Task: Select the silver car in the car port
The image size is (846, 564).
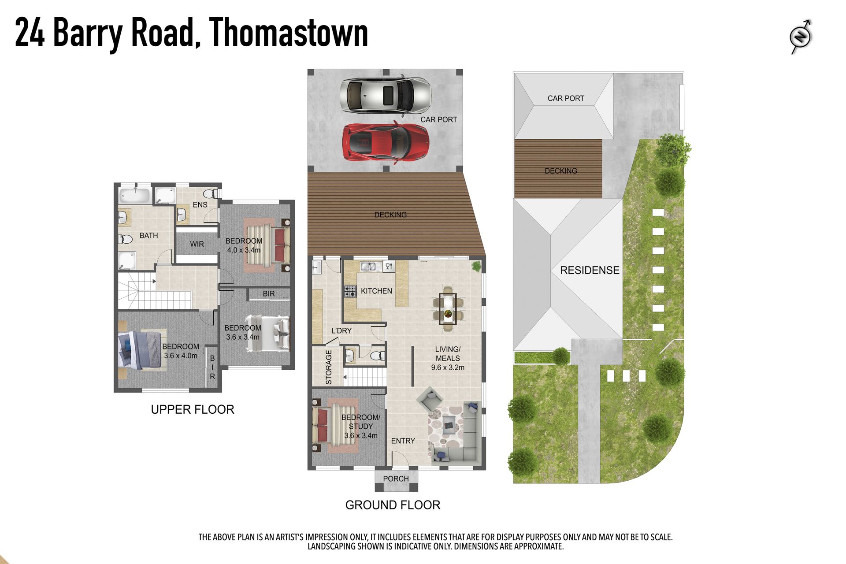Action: pos(386,95)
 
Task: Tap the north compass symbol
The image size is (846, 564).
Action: pos(801,37)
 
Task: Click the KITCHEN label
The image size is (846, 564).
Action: pos(376,291)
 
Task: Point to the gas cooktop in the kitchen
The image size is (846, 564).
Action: pos(350,291)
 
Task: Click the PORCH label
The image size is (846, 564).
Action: pos(396,479)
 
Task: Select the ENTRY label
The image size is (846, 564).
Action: pos(403,441)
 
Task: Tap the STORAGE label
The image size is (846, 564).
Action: pos(329,367)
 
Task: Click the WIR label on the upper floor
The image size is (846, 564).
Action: pos(197,244)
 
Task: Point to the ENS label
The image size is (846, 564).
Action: pos(200,205)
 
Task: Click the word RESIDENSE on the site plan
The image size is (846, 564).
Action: pos(590,270)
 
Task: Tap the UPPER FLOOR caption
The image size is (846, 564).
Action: pos(193,409)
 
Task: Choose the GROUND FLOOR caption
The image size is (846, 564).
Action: pos(393,505)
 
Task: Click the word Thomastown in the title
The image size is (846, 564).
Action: pos(289,33)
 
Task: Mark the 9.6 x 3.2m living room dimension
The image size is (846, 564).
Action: pos(448,367)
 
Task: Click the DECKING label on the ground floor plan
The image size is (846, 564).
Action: pos(390,215)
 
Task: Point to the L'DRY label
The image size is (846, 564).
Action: pos(341,330)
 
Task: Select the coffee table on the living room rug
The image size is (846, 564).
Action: pos(449,424)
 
